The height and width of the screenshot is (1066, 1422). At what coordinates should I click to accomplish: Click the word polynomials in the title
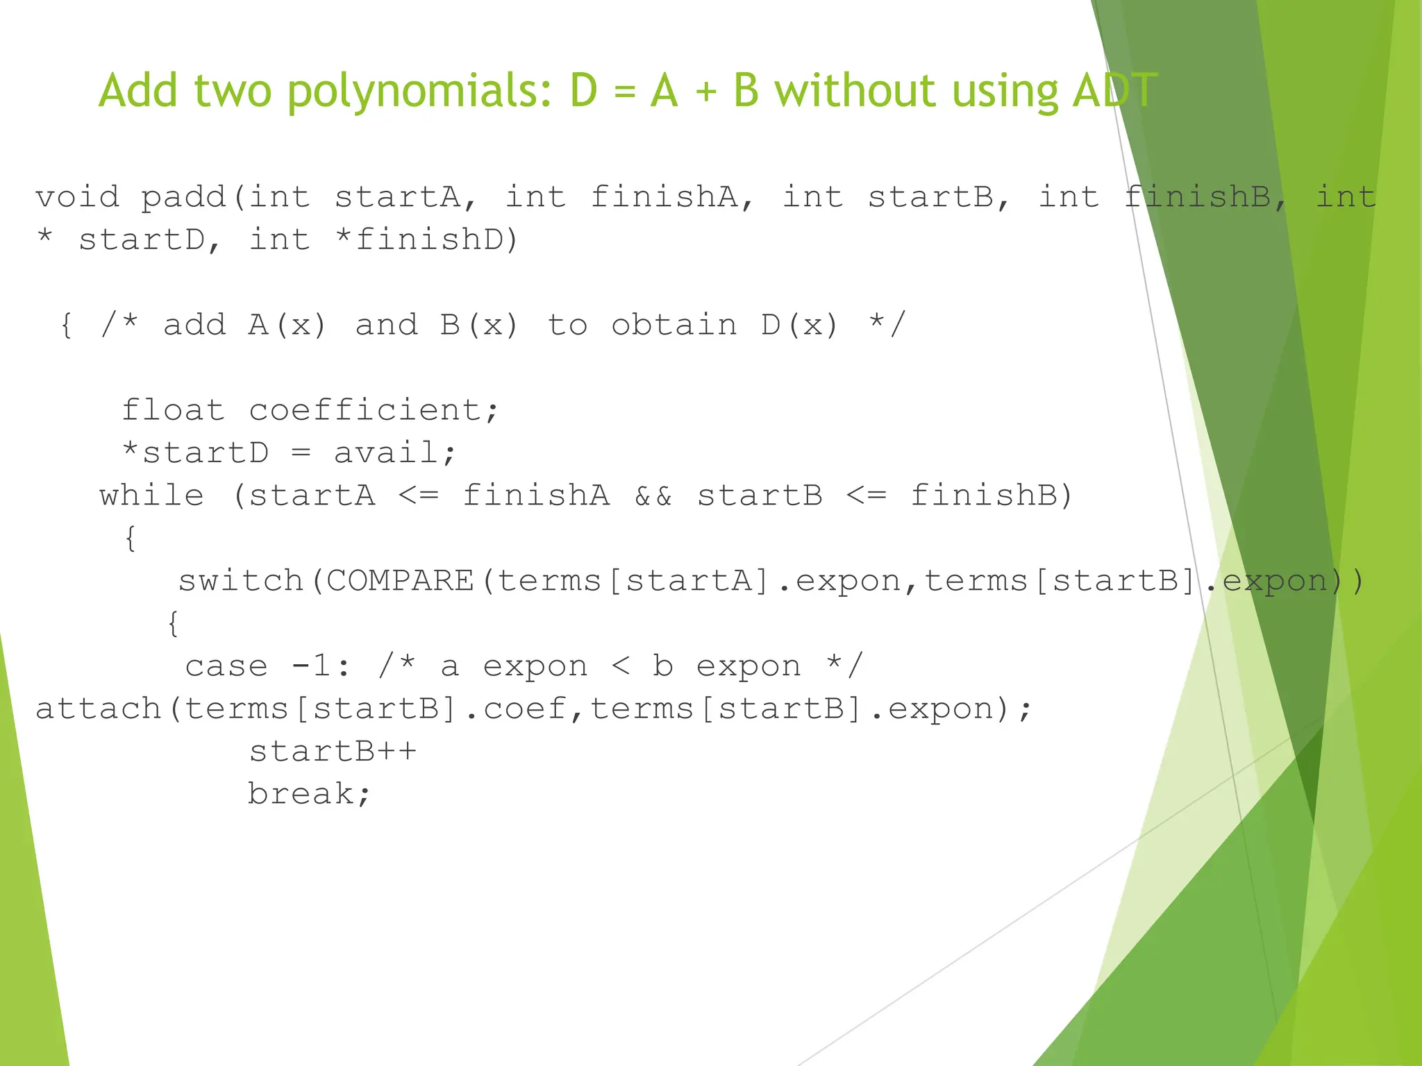click(x=419, y=92)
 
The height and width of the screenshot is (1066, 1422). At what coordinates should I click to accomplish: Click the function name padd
click(x=183, y=197)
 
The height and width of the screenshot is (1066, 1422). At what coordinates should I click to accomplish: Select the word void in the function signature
click(x=77, y=197)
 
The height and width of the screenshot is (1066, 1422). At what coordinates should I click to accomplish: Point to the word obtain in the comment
click(x=674, y=325)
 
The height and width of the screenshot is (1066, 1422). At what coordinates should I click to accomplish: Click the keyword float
click(x=174, y=410)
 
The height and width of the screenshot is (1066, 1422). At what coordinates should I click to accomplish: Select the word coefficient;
click(x=374, y=410)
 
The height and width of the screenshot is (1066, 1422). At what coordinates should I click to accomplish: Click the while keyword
click(x=151, y=496)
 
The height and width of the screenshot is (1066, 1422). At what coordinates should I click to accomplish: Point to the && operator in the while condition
click(x=653, y=496)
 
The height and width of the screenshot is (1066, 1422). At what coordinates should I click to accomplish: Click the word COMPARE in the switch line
click(x=399, y=581)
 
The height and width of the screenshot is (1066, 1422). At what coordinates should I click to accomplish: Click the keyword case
click(x=226, y=666)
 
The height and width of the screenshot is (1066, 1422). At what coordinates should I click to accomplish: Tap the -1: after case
click(x=321, y=666)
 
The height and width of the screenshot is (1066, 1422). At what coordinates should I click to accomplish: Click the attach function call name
click(x=98, y=709)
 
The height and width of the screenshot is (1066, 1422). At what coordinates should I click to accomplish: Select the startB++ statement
click(x=333, y=752)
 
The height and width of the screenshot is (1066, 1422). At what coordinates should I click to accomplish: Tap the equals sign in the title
click(x=624, y=93)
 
